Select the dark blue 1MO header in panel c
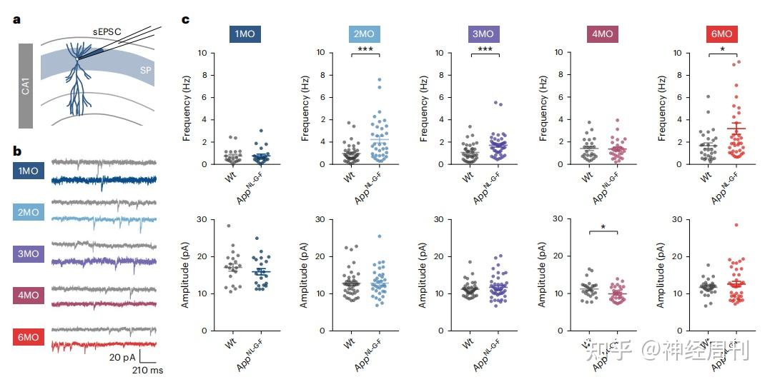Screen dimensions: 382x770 (x=245, y=34)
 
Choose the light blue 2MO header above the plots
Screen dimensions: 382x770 (x=364, y=34)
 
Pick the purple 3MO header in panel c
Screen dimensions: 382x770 (x=483, y=34)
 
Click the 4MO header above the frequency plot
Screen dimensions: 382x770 (x=601, y=34)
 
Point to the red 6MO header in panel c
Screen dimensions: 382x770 (x=720, y=34)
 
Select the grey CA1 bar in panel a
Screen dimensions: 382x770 (x=26, y=86)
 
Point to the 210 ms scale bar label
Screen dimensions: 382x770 (x=147, y=371)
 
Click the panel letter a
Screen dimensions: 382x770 (x=16, y=19)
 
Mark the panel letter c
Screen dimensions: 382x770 (x=185, y=19)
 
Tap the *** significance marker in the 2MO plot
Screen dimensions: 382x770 (x=365, y=48)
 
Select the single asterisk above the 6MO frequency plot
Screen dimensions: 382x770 (x=721, y=49)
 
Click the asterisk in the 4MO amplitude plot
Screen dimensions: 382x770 (x=603, y=227)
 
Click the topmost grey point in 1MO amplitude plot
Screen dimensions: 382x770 (x=228, y=226)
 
